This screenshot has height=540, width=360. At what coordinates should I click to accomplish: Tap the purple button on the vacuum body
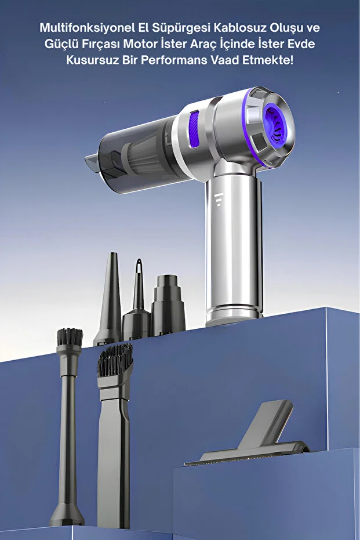tap(194, 128)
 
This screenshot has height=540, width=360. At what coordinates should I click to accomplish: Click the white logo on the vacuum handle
tap(219, 200)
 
